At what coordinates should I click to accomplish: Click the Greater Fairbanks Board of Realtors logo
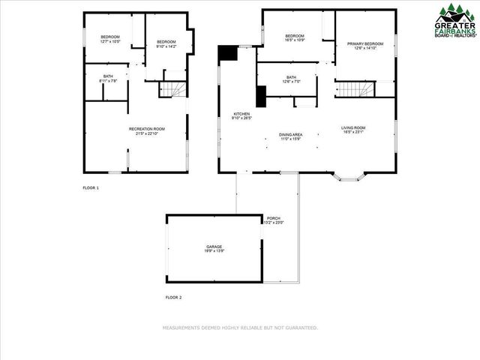point(454,20)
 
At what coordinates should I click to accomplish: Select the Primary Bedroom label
point(364,46)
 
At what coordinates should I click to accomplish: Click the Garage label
point(214,248)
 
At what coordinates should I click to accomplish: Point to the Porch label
point(273,220)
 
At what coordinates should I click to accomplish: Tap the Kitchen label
point(241,115)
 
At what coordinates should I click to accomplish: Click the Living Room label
point(353,130)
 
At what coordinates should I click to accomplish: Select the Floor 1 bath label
point(109,78)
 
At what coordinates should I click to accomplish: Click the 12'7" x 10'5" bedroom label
point(110,38)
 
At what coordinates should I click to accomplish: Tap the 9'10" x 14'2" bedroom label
point(166,43)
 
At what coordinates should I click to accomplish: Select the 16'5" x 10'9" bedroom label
point(294,37)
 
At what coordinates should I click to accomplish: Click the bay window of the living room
point(349,177)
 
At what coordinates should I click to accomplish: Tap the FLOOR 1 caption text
point(91,187)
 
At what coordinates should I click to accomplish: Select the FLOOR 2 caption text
point(173,298)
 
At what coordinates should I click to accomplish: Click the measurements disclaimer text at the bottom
point(240,328)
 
